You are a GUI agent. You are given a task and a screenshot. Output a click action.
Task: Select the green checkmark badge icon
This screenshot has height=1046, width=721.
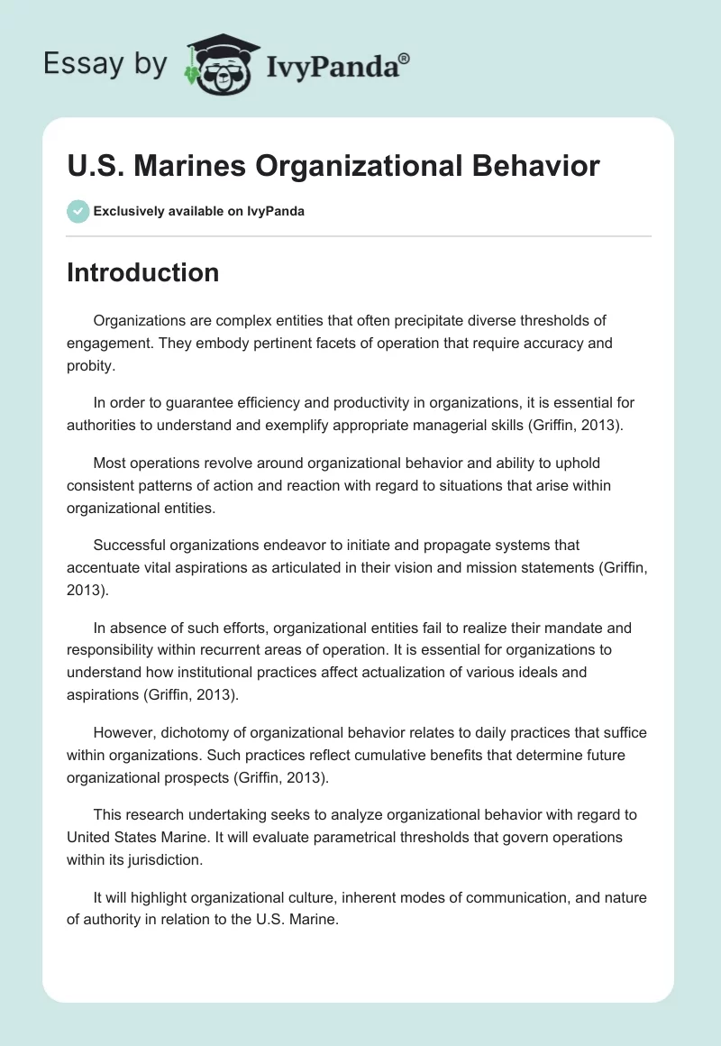pos(78,211)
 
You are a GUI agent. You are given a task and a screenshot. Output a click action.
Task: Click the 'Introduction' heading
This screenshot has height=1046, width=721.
pos(142,272)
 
